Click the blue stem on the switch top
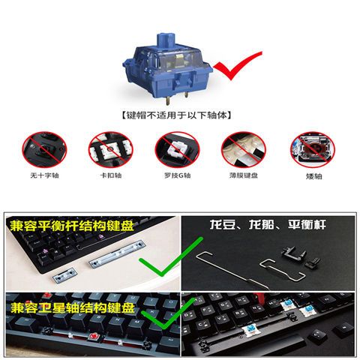166,40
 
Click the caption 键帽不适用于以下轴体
176,115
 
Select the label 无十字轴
44,175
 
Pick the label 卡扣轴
111,175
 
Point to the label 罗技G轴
177,175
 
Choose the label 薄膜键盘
244,175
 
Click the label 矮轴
313,176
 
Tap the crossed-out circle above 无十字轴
44,149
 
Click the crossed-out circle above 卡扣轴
111,149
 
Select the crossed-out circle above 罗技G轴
177,149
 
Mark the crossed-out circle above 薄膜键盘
244,149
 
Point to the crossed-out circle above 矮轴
313,149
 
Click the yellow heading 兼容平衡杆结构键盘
72,226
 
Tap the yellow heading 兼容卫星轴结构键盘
73,307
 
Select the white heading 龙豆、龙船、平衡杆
268,224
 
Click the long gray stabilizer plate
117,253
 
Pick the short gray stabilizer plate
64,275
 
